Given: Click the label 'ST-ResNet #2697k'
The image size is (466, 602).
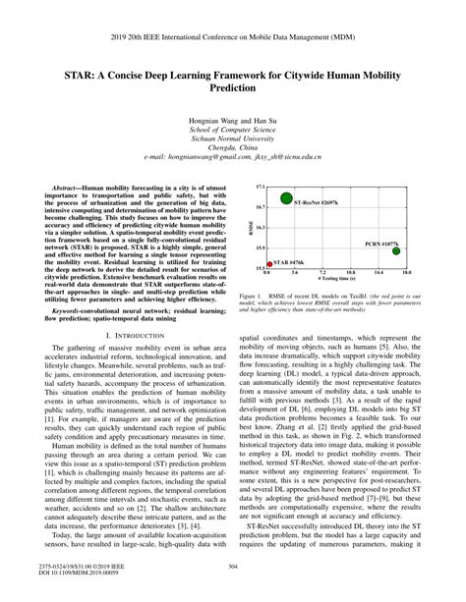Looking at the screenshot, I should (x=316, y=201).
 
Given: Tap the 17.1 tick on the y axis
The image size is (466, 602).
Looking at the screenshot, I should (x=261, y=186).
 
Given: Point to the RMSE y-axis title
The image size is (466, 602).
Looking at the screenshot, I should (x=252, y=227).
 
